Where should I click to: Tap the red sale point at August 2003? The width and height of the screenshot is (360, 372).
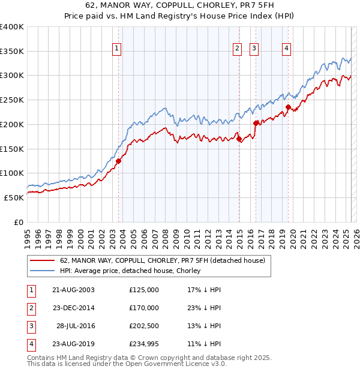[x=118, y=161]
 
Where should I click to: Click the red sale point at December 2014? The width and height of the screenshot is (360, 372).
[x=239, y=139]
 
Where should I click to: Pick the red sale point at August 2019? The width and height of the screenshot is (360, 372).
[x=288, y=107]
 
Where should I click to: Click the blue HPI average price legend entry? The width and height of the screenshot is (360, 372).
[x=130, y=271]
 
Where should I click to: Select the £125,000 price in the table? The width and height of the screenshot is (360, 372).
[x=144, y=290]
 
